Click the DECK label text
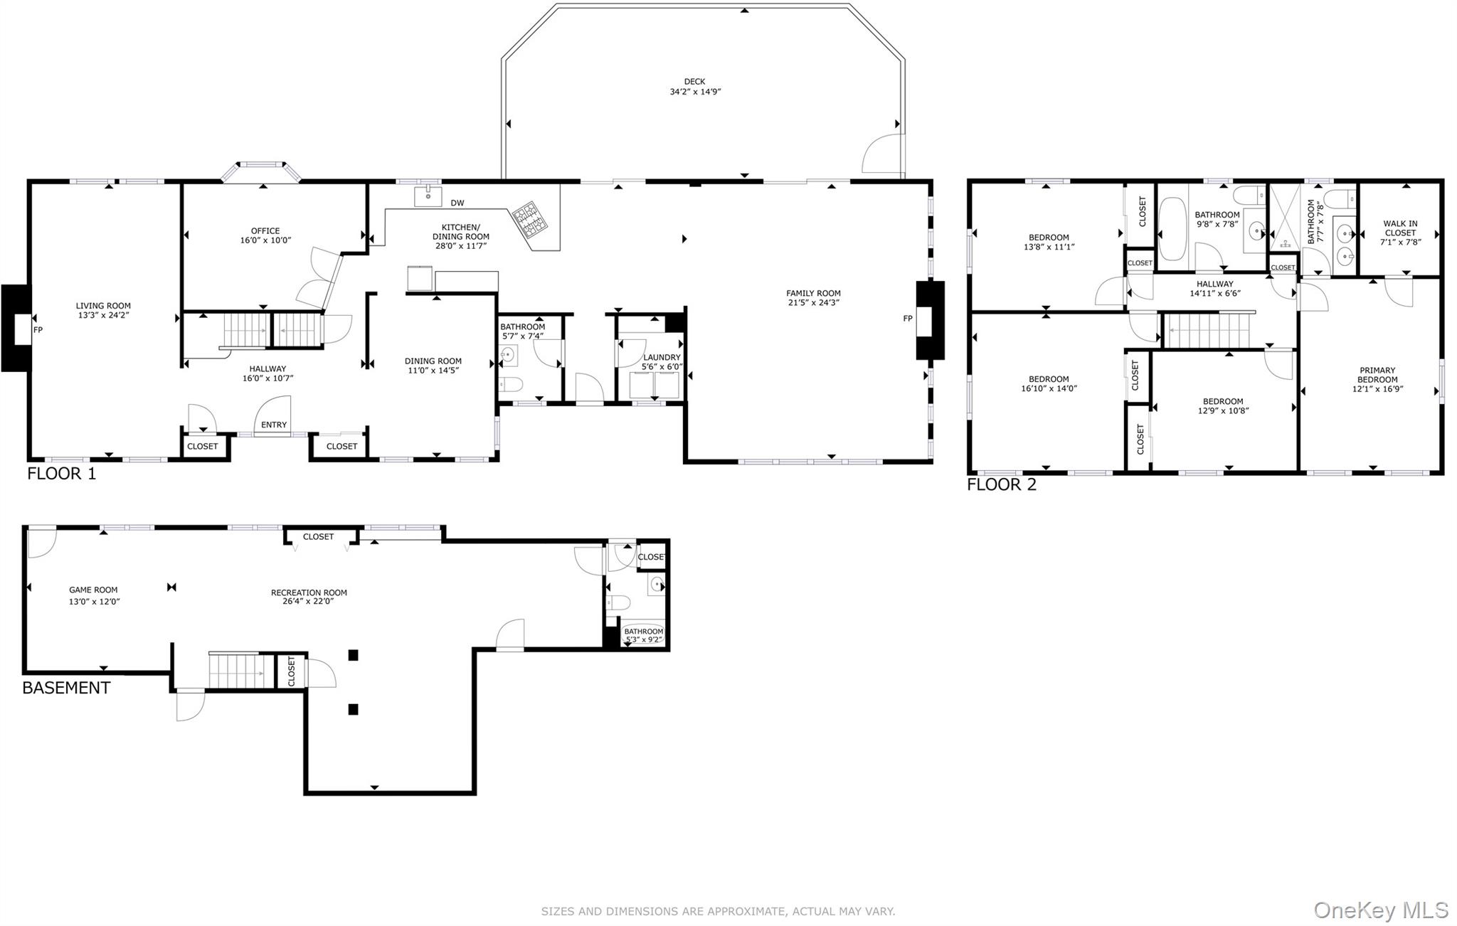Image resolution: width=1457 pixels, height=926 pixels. (x=694, y=82)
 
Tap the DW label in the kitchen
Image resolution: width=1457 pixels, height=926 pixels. (x=457, y=203)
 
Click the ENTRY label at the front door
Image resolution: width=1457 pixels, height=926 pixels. (x=274, y=425)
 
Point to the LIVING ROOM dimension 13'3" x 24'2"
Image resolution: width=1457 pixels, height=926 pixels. (x=104, y=315)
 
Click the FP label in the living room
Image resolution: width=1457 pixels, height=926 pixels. (x=38, y=330)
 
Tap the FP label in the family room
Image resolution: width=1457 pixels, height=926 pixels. (x=907, y=319)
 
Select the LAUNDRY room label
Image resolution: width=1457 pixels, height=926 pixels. (x=662, y=357)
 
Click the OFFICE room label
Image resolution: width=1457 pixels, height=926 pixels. (x=265, y=230)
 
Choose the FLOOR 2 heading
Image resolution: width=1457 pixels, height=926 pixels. (x=1001, y=485)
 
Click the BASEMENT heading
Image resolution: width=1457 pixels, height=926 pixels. (x=66, y=688)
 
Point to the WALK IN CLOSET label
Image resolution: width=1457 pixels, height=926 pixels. (x=1400, y=228)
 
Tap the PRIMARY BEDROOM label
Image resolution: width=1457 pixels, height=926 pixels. (x=1377, y=375)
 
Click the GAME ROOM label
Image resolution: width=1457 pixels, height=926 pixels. (x=93, y=590)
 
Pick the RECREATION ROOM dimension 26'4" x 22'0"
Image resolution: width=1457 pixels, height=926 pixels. (x=308, y=602)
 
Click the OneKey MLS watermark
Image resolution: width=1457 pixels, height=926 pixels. (x=1380, y=910)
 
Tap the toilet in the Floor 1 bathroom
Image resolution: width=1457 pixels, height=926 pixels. (x=511, y=385)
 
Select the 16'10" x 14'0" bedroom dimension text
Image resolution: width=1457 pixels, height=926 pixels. (x=1049, y=389)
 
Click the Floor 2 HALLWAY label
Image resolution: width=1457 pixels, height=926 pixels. (x=1214, y=284)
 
